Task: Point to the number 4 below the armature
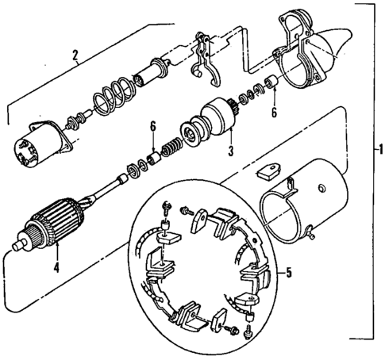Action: [56, 267]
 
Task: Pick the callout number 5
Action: [289, 274]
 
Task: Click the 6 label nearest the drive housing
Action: [275, 113]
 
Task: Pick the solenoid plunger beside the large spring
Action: [149, 78]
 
